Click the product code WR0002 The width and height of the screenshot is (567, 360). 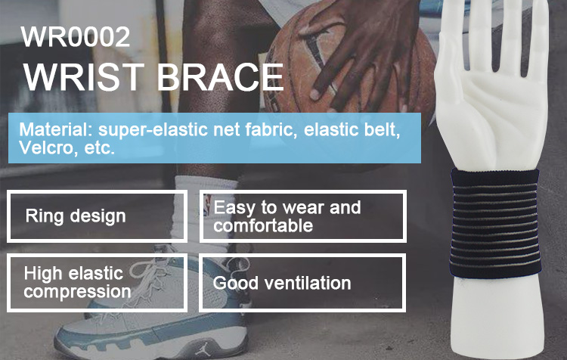[75, 36]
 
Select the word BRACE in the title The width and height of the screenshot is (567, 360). [220, 77]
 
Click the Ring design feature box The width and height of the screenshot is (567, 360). [97, 216]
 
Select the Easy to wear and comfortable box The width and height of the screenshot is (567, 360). [303, 216]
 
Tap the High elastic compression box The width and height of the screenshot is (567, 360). [97, 283]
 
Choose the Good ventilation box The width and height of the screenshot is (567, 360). [302, 283]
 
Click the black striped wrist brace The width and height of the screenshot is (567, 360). [495, 223]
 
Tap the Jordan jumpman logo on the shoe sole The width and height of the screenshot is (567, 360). [202, 349]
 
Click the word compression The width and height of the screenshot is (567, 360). [77, 292]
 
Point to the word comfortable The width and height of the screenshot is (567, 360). [263, 225]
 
